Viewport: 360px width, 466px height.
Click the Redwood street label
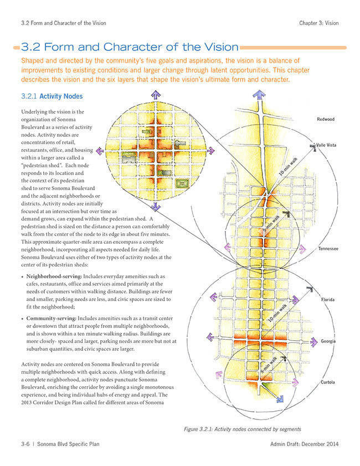click(x=325, y=119)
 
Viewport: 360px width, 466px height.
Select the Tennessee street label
click(x=328, y=249)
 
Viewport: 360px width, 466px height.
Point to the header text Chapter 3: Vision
click(x=318, y=23)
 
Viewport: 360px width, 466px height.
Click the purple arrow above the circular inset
click(x=156, y=95)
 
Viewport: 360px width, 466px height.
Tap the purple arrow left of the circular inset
click(x=100, y=151)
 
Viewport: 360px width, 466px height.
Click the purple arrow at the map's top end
click(x=259, y=95)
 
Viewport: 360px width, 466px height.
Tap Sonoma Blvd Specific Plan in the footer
click(x=68, y=444)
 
